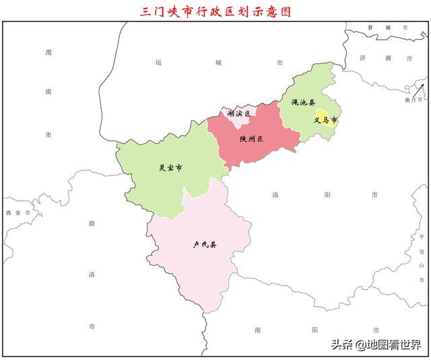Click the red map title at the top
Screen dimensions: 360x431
tap(215, 11)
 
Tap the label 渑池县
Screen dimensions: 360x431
tap(303, 102)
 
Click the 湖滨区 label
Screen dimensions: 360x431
tap(238, 114)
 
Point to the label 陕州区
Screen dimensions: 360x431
tap(251, 139)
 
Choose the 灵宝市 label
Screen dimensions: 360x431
tap(170, 168)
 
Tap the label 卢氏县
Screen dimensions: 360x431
tap(205, 244)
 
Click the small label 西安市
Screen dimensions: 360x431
tap(18, 213)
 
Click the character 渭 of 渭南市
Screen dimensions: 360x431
tap(48, 52)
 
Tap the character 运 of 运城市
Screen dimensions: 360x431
tap(158, 63)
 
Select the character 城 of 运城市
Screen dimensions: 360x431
tap(218, 63)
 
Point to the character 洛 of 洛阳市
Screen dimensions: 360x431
tap(275, 194)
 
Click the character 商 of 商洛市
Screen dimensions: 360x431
tap(92, 223)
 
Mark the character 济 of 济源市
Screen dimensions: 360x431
tap(362, 58)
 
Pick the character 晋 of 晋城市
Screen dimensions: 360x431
tap(370, 28)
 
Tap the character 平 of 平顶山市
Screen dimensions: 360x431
tap(422, 237)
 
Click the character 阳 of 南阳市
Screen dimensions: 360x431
tap(315, 330)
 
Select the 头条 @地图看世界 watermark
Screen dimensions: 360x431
tap(374, 345)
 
